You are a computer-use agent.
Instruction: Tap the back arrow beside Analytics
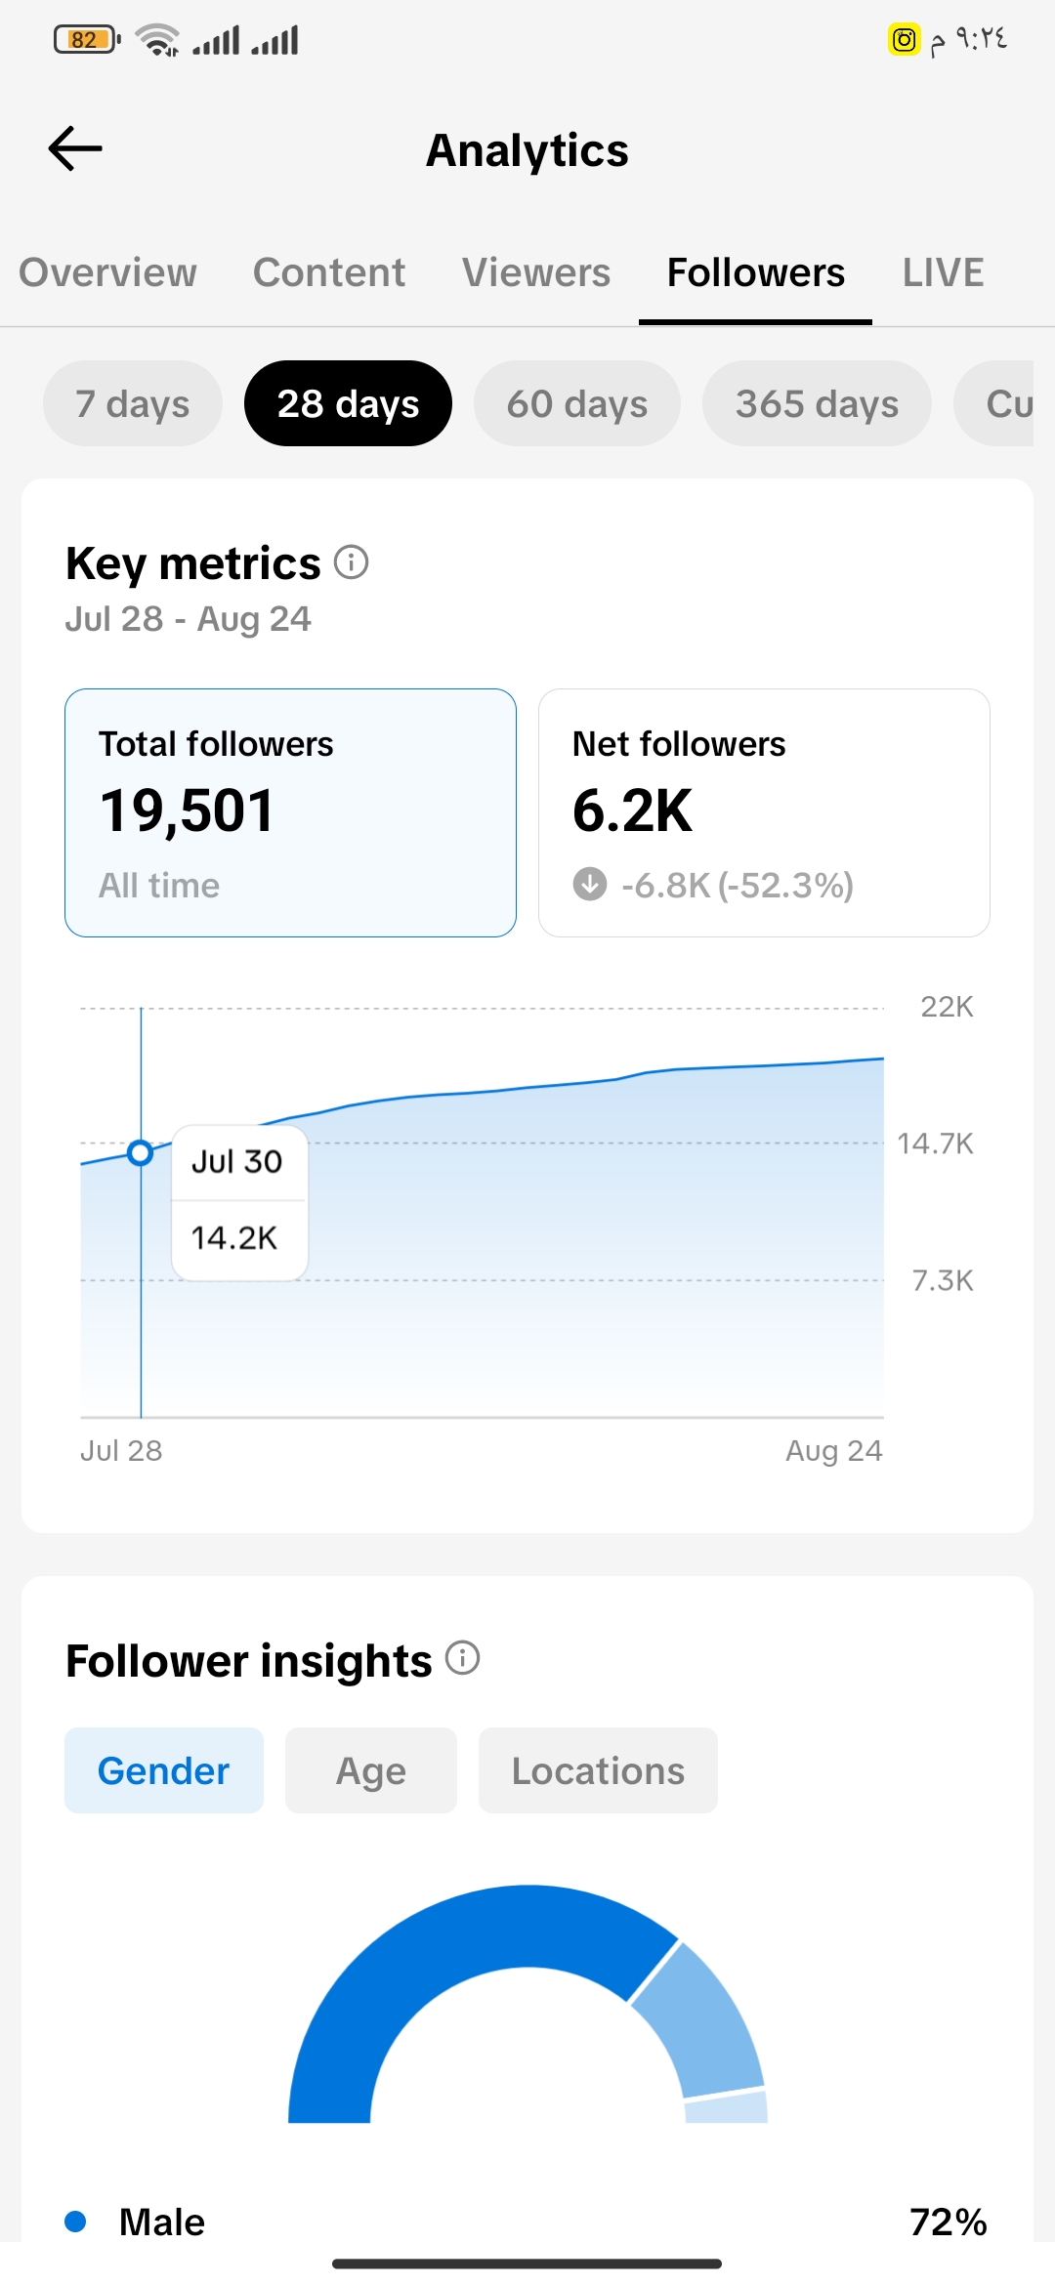click(x=75, y=148)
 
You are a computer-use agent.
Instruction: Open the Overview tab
click(x=107, y=272)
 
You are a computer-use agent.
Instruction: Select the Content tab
click(x=329, y=272)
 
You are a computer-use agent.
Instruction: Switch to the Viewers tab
click(x=536, y=272)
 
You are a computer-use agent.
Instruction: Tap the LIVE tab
click(x=943, y=272)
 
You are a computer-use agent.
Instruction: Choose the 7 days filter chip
click(x=133, y=403)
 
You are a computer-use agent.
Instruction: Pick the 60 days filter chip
click(x=577, y=403)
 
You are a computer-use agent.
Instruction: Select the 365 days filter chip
click(x=817, y=403)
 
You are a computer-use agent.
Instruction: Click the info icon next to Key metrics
click(x=352, y=562)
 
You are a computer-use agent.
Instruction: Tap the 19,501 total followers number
click(x=188, y=810)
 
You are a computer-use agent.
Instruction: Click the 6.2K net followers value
click(x=632, y=810)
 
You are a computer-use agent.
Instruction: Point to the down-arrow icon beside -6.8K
click(x=590, y=884)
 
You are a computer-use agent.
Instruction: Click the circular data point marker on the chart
click(x=141, y=1153)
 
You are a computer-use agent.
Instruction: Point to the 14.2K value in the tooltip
click(x=234, y=1238)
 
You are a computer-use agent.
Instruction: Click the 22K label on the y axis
click(x=947, y=1007)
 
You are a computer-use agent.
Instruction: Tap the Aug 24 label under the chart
click(x=833, y=1451)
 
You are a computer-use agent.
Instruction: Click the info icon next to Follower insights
click(x=463, y=1658)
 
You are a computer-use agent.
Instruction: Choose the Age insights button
click(x=371, y=1770)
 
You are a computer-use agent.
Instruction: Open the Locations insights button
click(x=598, y=1770)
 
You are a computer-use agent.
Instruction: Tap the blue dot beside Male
click(x=75, y=2222)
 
